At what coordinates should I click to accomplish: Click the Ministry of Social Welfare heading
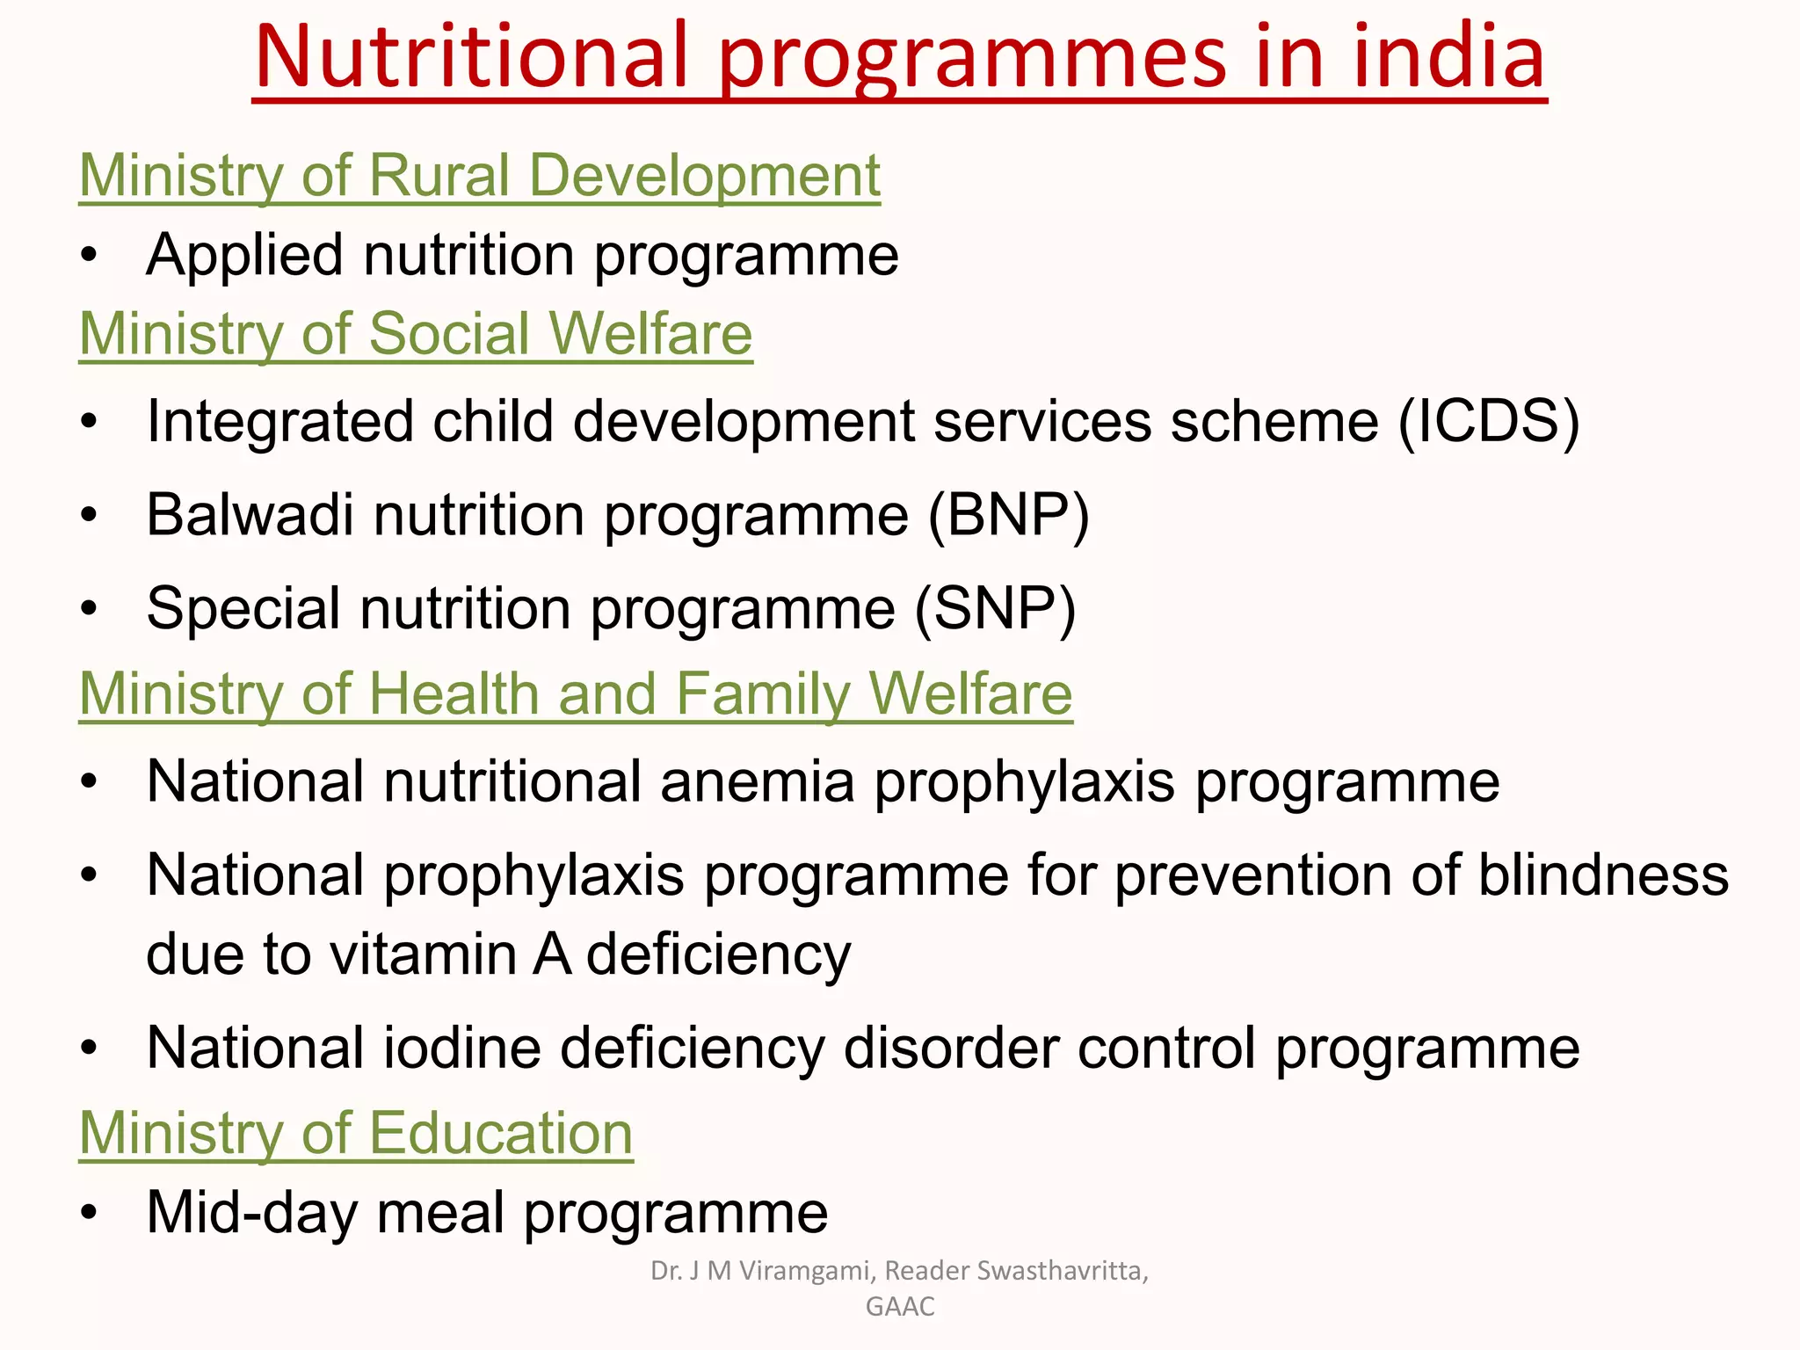coord(416,334)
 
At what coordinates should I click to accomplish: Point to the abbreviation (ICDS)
coord(1489,422)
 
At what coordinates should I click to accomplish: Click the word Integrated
coord(279,422)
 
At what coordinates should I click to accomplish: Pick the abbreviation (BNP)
coord(1009,515)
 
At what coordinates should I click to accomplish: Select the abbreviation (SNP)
coord(995,608)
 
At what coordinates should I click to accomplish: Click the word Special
coord(243,608)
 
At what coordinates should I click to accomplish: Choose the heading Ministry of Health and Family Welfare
coord(576,694)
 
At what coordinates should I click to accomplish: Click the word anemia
coord(758,781)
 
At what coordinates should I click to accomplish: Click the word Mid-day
coord(251,1213)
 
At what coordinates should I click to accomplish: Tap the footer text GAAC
coord(900,1307)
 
